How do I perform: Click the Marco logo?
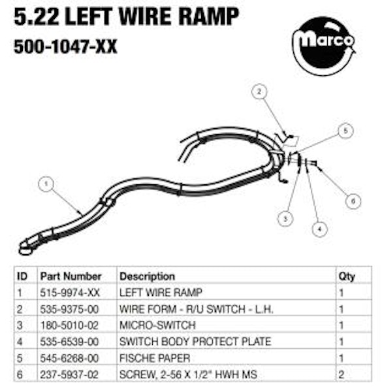pyautogui.click(x=324, y=46)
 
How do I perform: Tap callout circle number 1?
pyautogui.click(x=46, y=184)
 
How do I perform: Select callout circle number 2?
pyautogui.click(x=259, y=91)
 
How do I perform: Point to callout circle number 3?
pyautogui.click(x=285, y=219)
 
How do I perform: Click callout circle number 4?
pyautogui.click(x=319, y=229)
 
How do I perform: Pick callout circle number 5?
pyautogui.click(x=346, y=131)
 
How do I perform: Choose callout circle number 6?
pyautogui.click(x=353, y=201)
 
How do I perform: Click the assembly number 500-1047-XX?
pyautogui.click(x=65, y=46)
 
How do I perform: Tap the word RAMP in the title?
pyautogui.click(x=208, y=16)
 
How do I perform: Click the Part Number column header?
pyautogui.click(x=71, y=276)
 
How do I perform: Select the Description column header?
pyautogui.click(x=147, y=276)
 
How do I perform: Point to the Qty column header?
pyautogui.click(x=347, y=276)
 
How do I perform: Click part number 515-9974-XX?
pyautogui.click(x=70, y=293)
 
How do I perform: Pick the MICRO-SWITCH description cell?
pyautogui.click(x=157, y=325)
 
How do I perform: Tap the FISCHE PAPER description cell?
pyautogui.click(x=155, y=358)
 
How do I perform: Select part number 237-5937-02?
pyautogui.click(x=69, y=374)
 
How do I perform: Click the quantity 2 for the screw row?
pyautogui.click(x=342, y=374)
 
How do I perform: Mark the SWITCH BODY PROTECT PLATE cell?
pyautogui.click(x=195, y=342)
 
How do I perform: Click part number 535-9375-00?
pyautogui.click(x=69, y=309)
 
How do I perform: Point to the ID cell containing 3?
pyautogui.click(x=20, y=325)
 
